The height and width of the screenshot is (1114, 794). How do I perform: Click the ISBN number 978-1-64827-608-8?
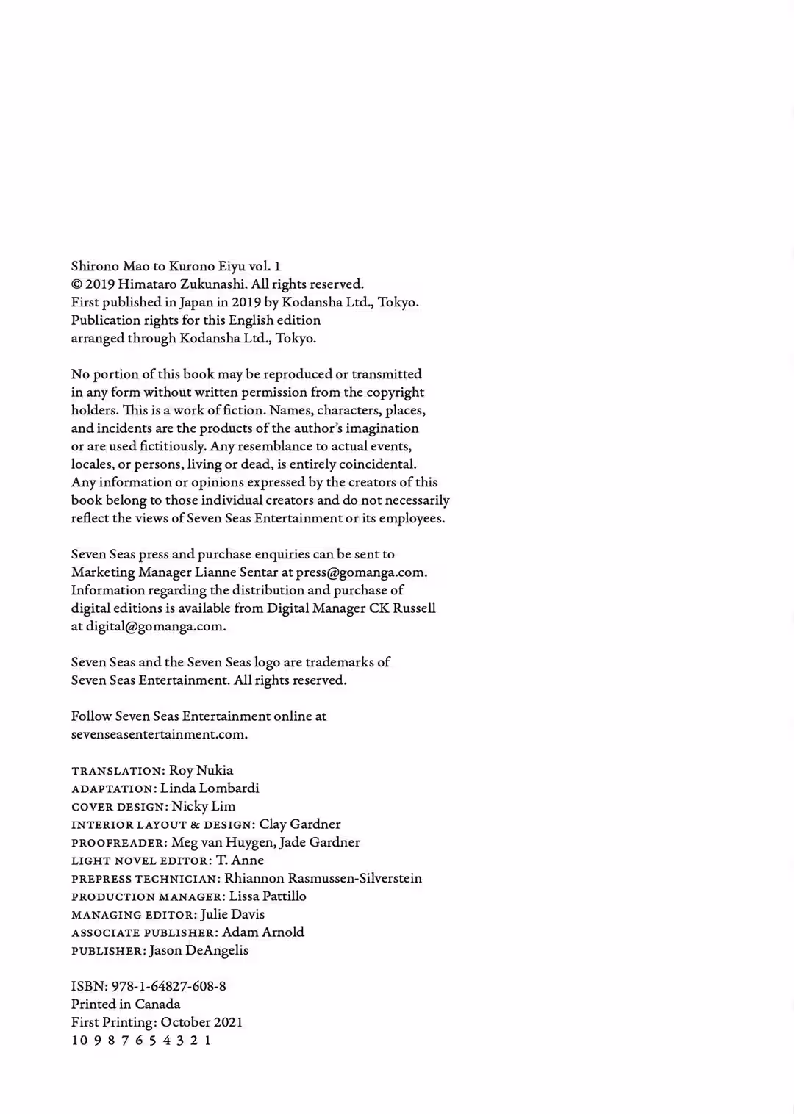click(x=168, y=986)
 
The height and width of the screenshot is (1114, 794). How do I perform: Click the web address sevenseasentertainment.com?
click(x=159, y=734)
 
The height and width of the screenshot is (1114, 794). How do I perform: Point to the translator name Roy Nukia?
click(x=201, y=770)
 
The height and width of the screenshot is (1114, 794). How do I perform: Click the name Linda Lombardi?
click(x=210, y=788)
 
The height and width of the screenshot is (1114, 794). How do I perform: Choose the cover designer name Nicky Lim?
click(x=204, y=806)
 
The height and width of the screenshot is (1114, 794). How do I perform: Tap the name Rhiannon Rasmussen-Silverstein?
click(x=323, y=878)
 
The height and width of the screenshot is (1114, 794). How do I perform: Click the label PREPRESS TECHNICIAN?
click(x=144, y=879)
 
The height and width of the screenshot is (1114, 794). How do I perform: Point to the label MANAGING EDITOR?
click(x=133, y=915)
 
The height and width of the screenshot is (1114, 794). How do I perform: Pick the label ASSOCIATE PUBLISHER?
click(x=143, y=933)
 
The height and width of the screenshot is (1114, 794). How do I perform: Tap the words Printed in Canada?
click(x=126, y=1005)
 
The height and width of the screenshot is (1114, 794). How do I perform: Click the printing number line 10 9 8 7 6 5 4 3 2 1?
click(x=141, y=1041)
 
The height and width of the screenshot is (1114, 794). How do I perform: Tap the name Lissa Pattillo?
click(x=268, y=896)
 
